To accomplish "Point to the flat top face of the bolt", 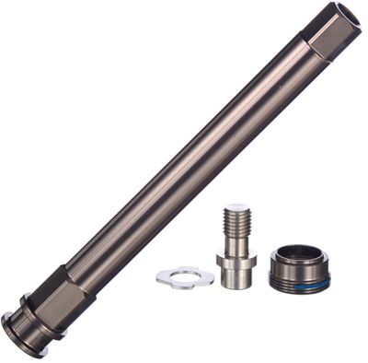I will (x=236, y=208).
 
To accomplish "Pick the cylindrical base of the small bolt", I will (x=236, y=276).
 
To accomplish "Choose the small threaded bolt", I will (x=236, y=244).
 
